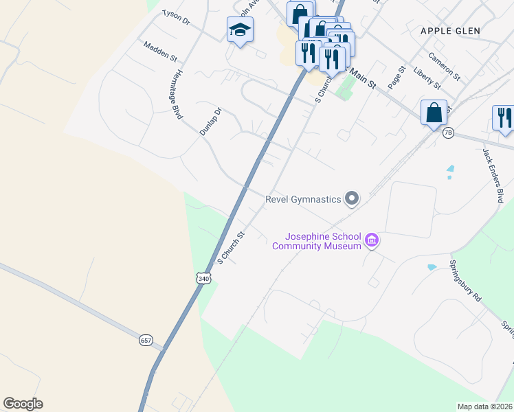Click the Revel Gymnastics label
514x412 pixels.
(303, 199)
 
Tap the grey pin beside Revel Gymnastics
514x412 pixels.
(352, 198)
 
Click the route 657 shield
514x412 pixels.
(145, 341)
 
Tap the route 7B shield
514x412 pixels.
(448, 133)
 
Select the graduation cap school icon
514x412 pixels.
(240, 30)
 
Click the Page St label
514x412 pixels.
(395, 78)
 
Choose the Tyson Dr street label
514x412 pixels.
(175, 16)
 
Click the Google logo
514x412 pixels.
(23, 404)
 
